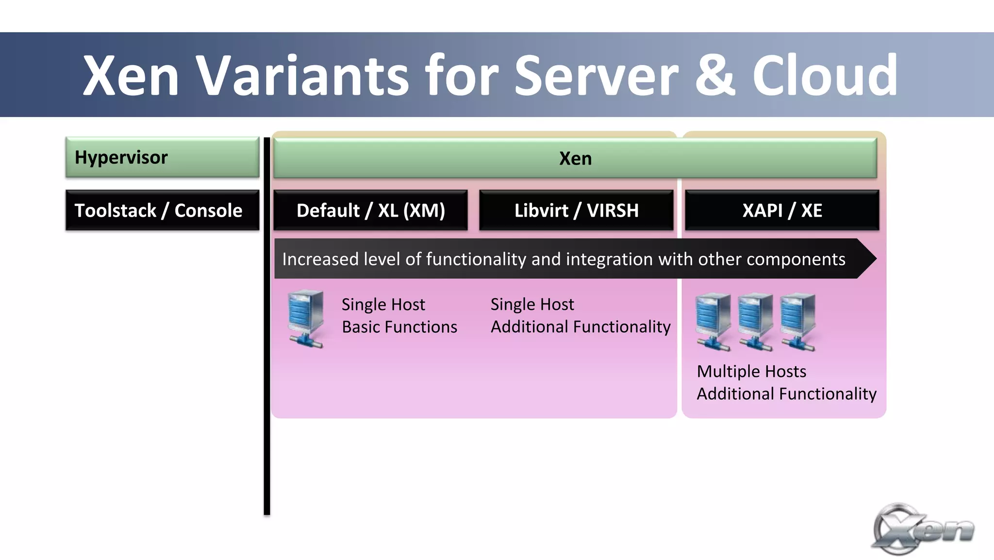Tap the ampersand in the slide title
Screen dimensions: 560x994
(x=715, y=76)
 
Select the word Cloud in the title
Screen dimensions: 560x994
(x=825, y=76)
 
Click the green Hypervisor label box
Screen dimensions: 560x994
(x=162, y=157)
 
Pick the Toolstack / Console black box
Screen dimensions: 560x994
(x=162, y=210)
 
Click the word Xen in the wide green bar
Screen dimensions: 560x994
(x=575, y=159)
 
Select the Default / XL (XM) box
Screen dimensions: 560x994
(x=370, y=210)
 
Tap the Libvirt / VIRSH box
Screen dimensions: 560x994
(x=576, y=210)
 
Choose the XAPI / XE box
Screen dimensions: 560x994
(x=782, y=210)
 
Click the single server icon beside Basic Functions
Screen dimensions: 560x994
(x=306, y=318)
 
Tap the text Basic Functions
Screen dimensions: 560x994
(x=399, y=327)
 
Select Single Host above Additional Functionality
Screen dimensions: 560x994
(x=532, y=305)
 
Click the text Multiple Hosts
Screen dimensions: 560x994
(x=751, y=372)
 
